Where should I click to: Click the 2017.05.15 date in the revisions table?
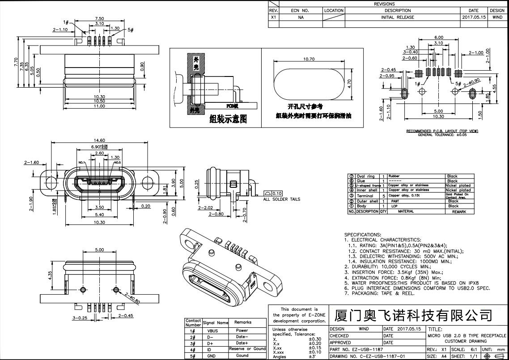[x=473, y=17]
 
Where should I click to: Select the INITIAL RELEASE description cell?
[x=397, y=17]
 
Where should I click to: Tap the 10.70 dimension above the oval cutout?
[x=309, y=59]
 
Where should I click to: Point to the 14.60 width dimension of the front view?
[x=99, y=140]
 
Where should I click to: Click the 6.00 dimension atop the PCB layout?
[x=438, y=38]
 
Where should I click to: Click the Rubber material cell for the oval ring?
[x=394, y=176]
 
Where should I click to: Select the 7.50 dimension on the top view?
[x=99, y=19]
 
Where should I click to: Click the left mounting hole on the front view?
[x=51, y=182]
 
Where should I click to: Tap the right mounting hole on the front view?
[x=147, y=182]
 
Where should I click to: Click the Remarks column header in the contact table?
[x=242, y=322]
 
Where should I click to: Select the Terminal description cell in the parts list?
[x=365, y=196]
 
